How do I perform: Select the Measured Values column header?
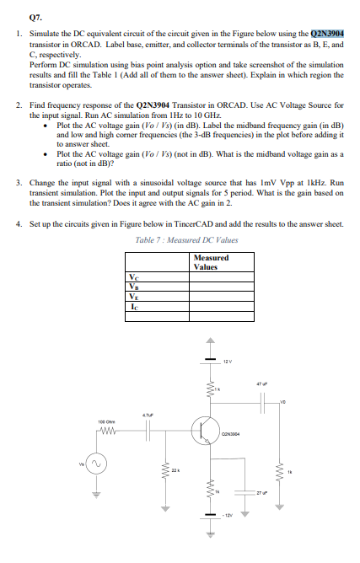(x=205, y=263)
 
